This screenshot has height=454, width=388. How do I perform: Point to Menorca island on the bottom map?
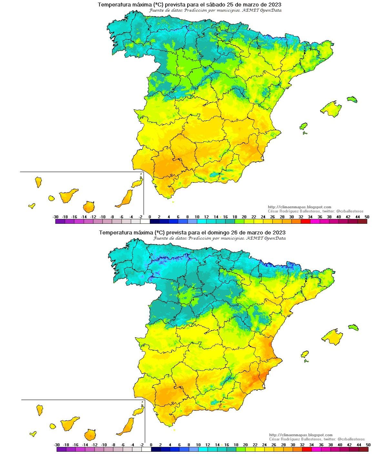click(353, 327)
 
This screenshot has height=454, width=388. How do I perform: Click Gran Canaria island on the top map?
click(88, 206)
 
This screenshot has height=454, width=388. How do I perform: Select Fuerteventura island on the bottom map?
click(126, 427)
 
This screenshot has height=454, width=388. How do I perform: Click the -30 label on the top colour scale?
click(56, 217)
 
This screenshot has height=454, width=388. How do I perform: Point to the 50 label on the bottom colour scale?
click(368, 445)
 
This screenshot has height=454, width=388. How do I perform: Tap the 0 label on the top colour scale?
click(150, 217)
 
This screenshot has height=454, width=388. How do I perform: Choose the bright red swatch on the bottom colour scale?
click(307, 449)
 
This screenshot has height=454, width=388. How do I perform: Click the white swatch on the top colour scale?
click(145, 222)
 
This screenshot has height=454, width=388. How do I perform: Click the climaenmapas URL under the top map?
click(300, 207)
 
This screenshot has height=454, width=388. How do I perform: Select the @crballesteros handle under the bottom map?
click(351, 439)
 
